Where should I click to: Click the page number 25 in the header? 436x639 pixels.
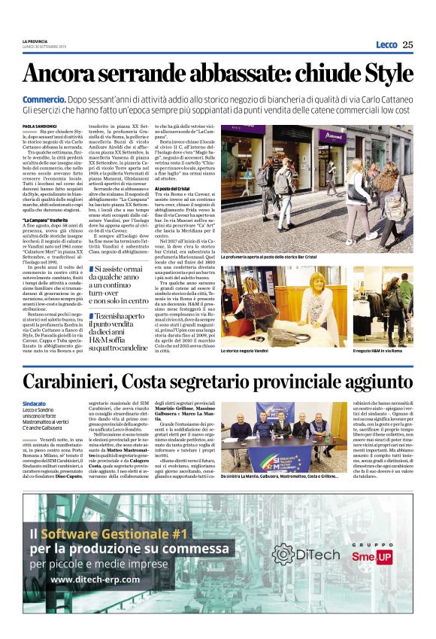[x=407, y=44]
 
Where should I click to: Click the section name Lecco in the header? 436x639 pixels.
[x=386, y=44]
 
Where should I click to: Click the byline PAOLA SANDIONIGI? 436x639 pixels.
[x=39, y=126]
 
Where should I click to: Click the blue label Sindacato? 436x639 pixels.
[x=34, y=404]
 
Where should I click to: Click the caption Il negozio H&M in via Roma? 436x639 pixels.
[x=381, y=351]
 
